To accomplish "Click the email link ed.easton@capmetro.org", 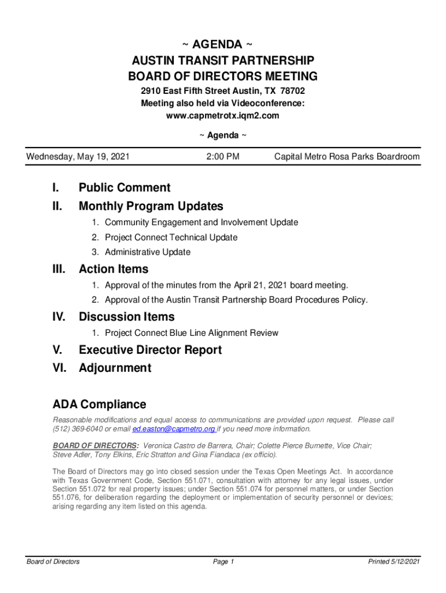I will [x=174, y=429].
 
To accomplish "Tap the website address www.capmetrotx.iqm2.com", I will [x=222, y=115].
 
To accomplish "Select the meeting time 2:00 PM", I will [x=222, y=156].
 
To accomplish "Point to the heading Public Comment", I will [x=125, y=188].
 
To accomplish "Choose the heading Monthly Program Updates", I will [x=151, y=206].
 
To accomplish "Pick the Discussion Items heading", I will [x=126, y=317].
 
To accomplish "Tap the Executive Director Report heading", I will [x=150, y=350].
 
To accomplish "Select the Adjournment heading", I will [x=115, y=368].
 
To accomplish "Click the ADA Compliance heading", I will [x=100, y=404].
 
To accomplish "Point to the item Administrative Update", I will [x=147, y=252].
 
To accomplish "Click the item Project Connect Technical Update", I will [x=171, y=237].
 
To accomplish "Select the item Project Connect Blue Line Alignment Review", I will [x=191, y=333].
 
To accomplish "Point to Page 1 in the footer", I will [x=223, y=562].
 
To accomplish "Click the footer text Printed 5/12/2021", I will [x=394, y=562].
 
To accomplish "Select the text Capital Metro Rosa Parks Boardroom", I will [x=346, y=156].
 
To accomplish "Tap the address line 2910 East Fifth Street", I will [x=185, y=91].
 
